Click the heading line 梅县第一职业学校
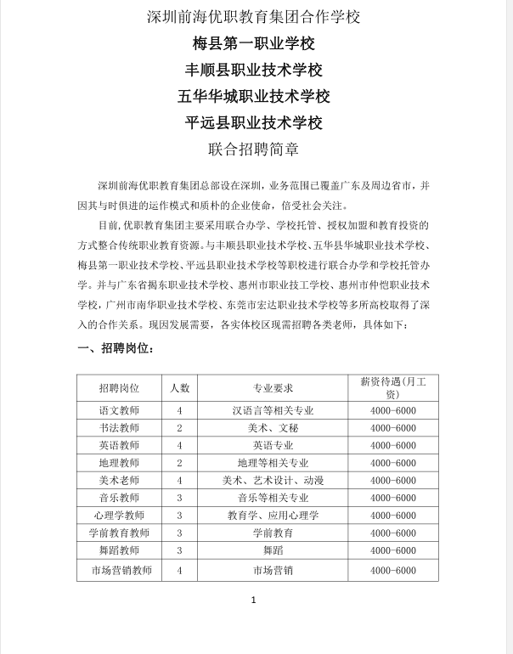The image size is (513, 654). (254, 43)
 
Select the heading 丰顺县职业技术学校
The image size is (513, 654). (254, 70)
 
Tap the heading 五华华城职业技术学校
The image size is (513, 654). (254, 96)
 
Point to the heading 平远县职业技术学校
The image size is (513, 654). (254, 122)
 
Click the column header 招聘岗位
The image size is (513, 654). (119, 387)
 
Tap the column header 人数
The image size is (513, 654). (179, 387)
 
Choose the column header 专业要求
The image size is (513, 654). (273, 387)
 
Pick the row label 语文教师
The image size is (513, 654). (119, 410)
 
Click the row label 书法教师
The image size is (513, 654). (119, 428)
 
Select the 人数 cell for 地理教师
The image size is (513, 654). (179, 463)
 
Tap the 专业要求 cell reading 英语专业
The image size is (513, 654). (273, 445)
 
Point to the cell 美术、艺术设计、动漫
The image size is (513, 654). (273, 481)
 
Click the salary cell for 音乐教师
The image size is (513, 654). (393, 498)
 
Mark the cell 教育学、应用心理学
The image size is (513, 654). (273, 516)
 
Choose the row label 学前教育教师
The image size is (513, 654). (119, 533)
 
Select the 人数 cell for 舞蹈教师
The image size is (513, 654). (179, 550)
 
